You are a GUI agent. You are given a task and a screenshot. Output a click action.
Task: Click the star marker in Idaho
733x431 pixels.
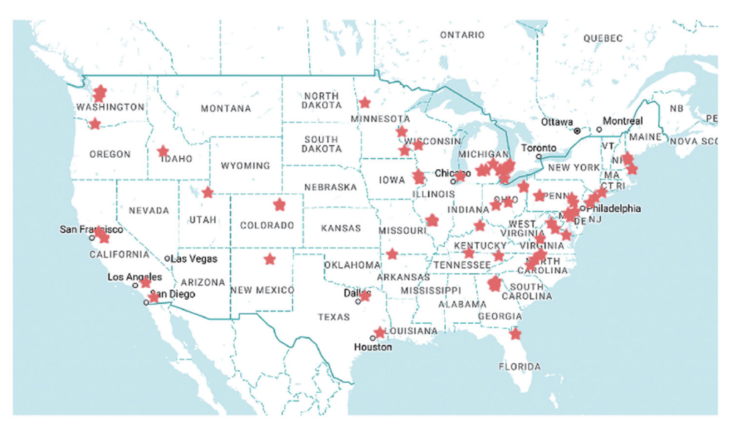point(163,151)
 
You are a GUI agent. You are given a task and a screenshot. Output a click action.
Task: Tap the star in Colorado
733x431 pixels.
point(279,205)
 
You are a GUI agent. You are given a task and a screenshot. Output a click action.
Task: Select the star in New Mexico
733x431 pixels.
point(270,259)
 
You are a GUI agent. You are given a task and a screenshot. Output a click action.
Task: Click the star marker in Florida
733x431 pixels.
point(515,334)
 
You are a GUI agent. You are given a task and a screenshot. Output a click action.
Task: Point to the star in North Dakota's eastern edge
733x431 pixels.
point(365,103)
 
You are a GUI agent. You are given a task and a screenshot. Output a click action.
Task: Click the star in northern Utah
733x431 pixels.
point(208,192)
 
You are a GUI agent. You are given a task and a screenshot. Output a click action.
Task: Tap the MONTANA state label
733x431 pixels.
point(226,109)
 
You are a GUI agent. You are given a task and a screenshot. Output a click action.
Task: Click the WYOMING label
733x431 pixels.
point(245,165)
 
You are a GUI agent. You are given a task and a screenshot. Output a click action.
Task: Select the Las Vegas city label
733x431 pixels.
point(194,259)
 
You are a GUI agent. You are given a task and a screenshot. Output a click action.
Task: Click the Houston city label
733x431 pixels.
point(373,347)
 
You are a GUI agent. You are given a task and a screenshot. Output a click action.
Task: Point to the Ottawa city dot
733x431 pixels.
point(577,131)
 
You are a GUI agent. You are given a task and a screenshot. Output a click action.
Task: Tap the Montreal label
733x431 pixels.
point(623,121)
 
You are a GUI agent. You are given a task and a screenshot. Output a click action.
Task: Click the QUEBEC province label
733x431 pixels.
point(603,39)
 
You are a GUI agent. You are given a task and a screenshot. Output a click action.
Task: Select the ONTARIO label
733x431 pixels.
point(462,35)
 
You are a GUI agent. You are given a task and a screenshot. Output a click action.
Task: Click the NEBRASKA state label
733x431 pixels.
point(330,187)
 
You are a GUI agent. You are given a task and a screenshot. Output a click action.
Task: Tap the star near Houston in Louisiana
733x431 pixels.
point(379,333)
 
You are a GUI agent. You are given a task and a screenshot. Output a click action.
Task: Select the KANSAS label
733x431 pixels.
point(341,228)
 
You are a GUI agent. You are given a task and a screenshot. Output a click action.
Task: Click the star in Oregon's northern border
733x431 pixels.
point(94,124)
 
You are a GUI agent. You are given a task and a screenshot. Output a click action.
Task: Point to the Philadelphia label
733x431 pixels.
point(613,208)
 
